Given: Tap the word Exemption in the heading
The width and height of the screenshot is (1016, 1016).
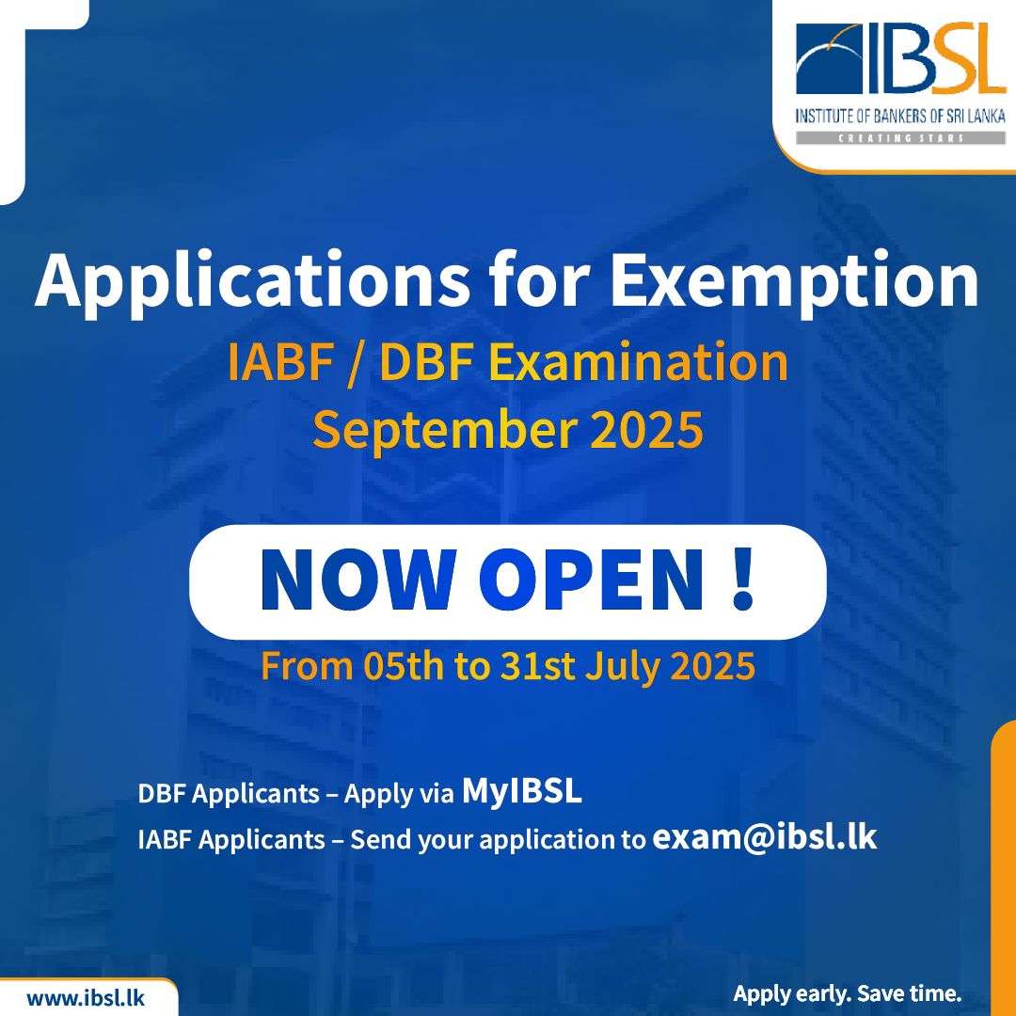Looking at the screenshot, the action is (x=794, y=279).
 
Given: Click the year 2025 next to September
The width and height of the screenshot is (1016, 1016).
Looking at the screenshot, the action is (x=646, y=430).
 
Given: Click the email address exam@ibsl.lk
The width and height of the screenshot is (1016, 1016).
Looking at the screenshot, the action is (x=765, y=837).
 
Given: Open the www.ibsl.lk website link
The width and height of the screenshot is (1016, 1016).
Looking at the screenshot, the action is (x=86, y=997).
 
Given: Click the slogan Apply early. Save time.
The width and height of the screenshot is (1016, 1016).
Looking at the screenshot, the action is (x=847, y=994).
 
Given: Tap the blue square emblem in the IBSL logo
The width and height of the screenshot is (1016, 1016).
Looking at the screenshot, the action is (x=829, y=58).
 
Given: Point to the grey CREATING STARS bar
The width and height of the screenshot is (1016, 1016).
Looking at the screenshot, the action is (x=900, y=138).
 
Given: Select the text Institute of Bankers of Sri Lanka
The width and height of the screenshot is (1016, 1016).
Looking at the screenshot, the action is (x=900, y=117).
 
